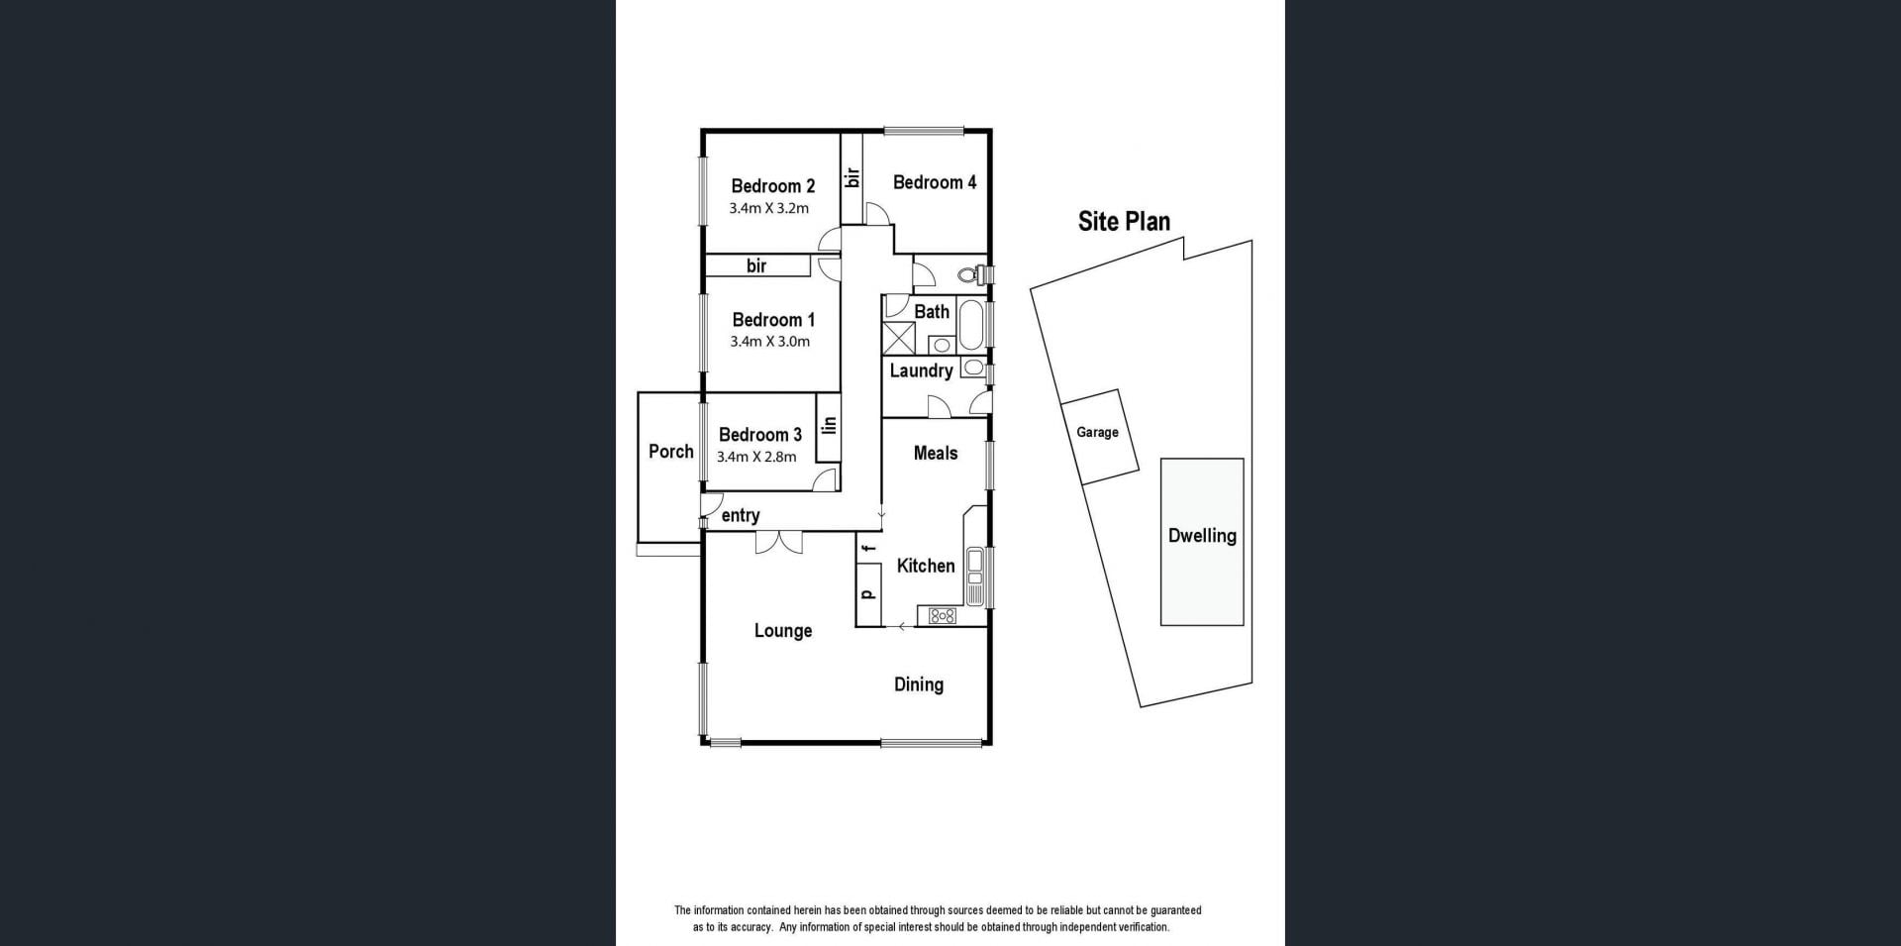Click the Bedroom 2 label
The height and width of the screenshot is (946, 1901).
coord(773,186)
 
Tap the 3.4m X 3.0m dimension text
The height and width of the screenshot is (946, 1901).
coord(770,342)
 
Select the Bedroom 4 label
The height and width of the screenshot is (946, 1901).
coord(935,182)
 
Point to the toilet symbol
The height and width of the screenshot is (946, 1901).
coord(980,273)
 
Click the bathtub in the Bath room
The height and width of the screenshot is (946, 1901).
coord(969,324)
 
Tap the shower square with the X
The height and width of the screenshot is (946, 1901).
coord(899,337)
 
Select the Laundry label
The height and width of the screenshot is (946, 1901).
coord(921,370)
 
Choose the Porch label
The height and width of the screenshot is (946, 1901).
coord(671,452)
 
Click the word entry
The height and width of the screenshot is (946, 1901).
coord(741,515)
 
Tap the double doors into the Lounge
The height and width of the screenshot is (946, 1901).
coord(779,542)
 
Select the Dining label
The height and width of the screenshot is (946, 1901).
coord(919,684)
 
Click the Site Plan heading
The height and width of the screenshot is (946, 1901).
coord(1124,221)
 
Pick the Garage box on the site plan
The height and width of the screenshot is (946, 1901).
coord(1099,436)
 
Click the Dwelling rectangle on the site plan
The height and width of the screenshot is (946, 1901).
coord(1202,542)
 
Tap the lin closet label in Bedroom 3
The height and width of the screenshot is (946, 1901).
coord(830,425)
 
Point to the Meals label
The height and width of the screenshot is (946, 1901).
coord(936,453)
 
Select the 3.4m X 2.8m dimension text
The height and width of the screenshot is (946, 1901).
coord(756,457)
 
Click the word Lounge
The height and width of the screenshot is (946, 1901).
coord(783,631)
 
